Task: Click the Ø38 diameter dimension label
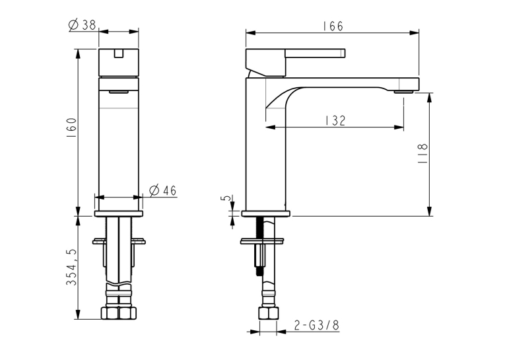pyautogui.click(x=83, y=25)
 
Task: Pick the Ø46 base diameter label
pyautogui.click(x=163, y=190)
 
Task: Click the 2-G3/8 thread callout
pyautogui.click(x=317, y=325)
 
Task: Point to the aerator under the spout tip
pyautogui.click(x=403, y=92)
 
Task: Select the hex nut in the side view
pyautogui.click(x=269, y=312)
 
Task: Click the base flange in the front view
pyautogui.click(x=119, y=213)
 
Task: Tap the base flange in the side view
pyautogui.click(x=266, y=213)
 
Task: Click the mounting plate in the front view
pyautogui.click(x=119, y=241)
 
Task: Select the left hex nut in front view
pyautogui.click(x=110, y=312)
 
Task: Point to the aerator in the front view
pyautogui.click(x=119, y=92)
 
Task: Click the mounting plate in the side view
pyautogui.click(x=262, y=241)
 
